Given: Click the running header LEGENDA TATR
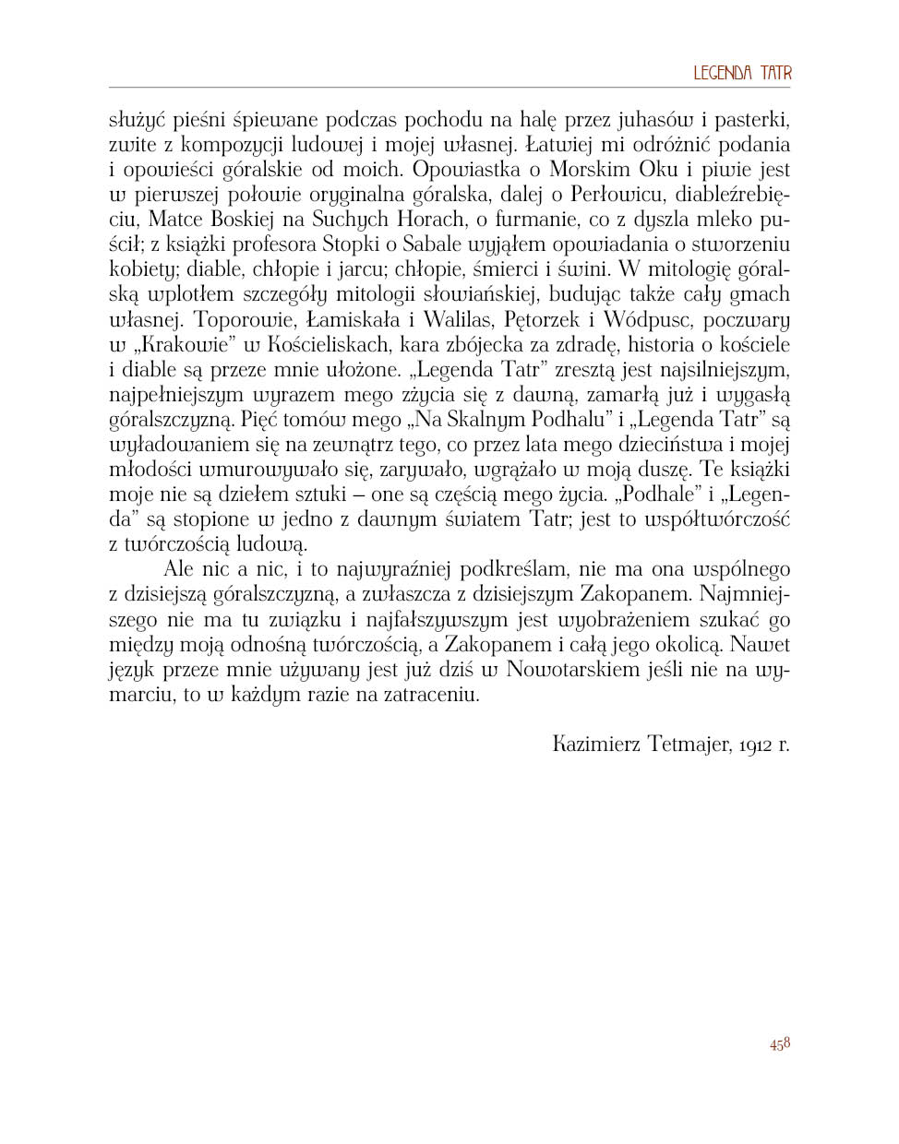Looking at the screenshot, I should tap(742, 74).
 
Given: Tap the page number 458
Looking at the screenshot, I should tap(779, 1044).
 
